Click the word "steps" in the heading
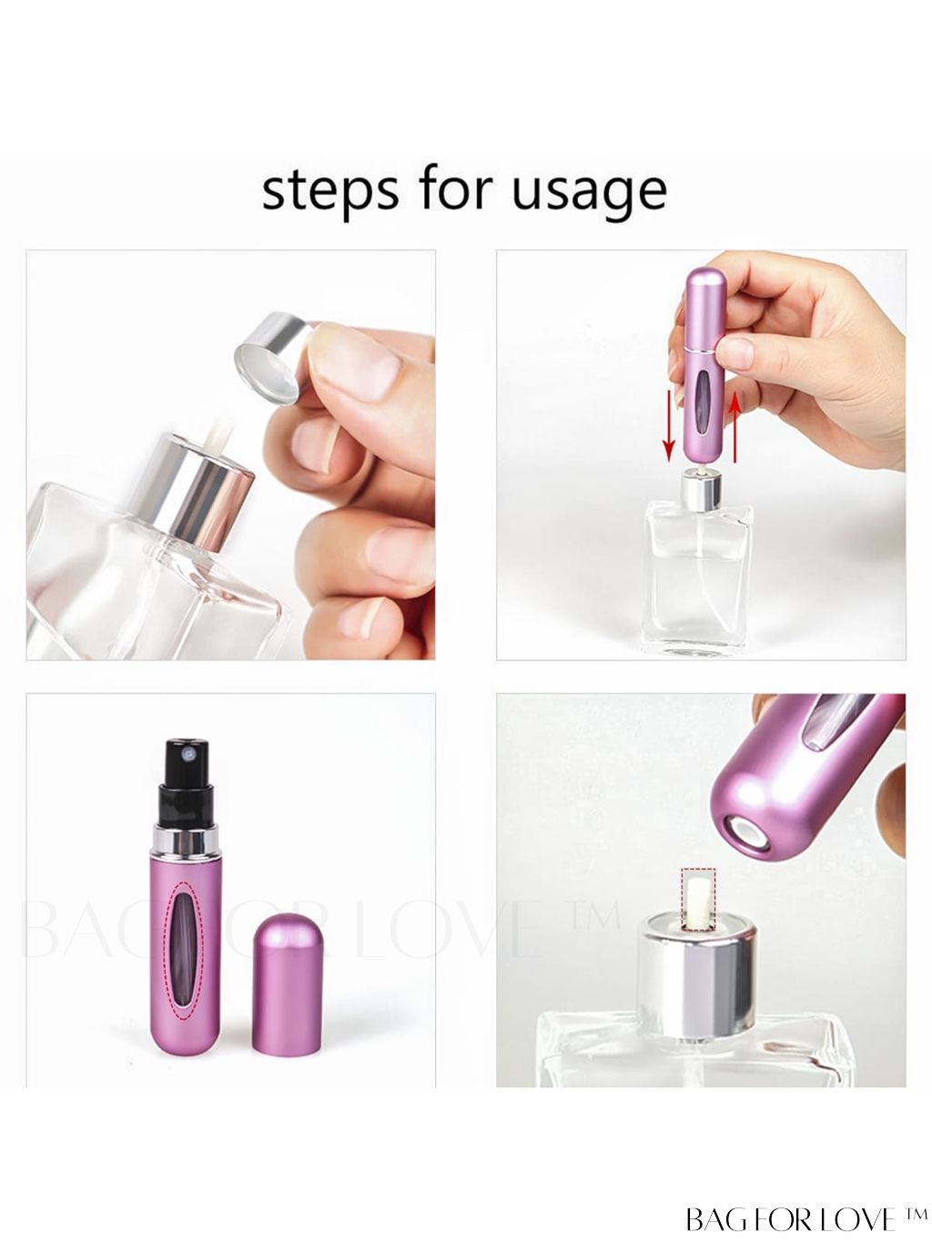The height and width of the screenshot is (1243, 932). click(329, 191)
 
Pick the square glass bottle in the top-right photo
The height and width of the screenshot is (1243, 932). click(698, 577)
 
